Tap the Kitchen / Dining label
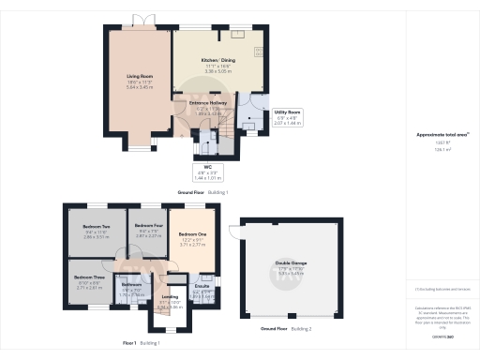point(217,60)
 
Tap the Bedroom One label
point(192,233)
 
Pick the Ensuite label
point(202,289)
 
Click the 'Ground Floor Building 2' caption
point(285,329)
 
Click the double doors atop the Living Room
point(141,21)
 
